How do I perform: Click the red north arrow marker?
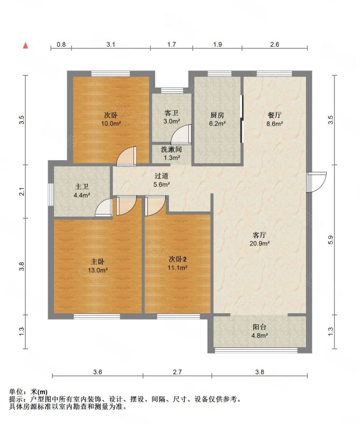[x=25, y=46]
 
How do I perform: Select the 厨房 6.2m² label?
[x=218, y=119]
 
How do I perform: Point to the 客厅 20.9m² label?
[x=259, y=239]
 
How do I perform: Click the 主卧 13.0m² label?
[x=98, y=266]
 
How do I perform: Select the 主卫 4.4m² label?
[x=82, y=191]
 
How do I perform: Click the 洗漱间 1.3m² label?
[x=172, y=153]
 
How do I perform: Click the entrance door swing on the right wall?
[x=317, y=182]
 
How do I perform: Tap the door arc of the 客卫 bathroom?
[x=182, y=134]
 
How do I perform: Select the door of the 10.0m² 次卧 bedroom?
[x=126, y=156]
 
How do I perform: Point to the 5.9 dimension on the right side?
[x=331, y=240]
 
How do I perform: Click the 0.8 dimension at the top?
[x=61, y=44]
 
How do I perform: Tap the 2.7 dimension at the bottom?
[x=177, y=372]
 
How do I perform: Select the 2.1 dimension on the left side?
[x=23, y=192]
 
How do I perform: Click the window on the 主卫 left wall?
[x=51, y=195]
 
